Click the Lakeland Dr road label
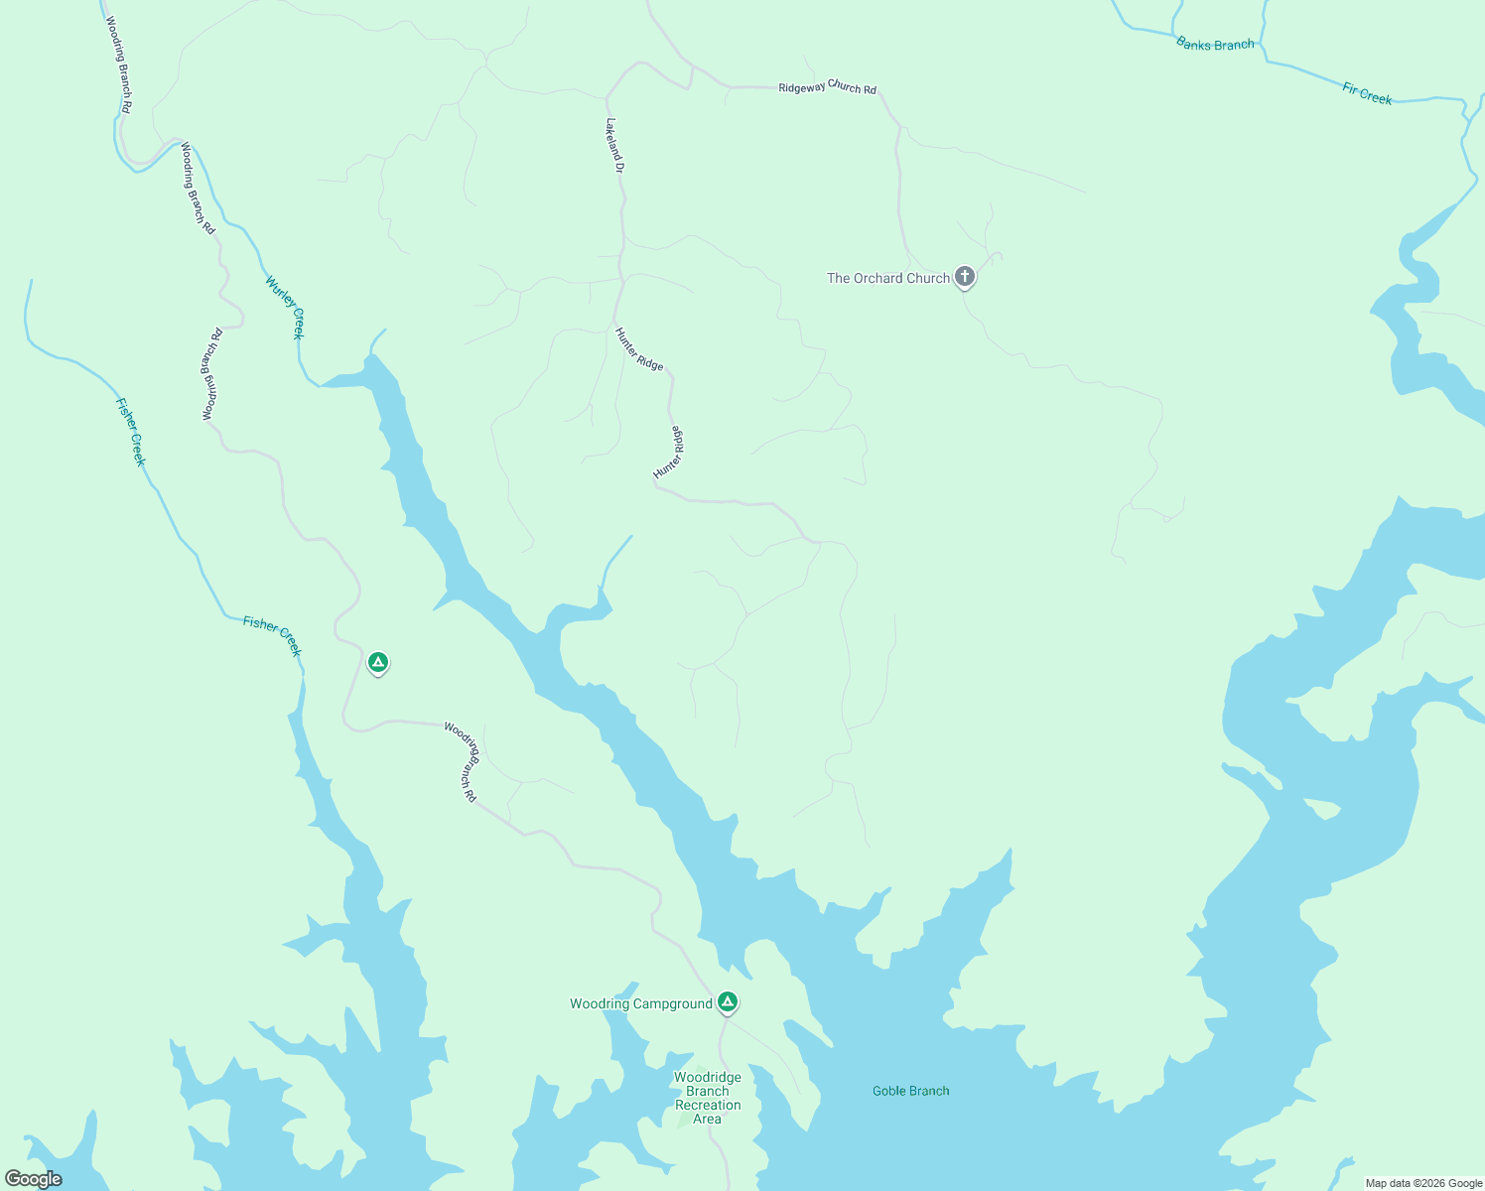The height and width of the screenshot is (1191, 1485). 614,147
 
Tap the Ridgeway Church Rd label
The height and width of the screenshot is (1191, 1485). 827,88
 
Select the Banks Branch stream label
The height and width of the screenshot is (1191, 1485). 1215,44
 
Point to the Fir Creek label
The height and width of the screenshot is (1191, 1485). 1367,94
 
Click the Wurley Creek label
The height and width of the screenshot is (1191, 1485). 285,307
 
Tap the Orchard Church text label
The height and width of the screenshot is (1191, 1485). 888,279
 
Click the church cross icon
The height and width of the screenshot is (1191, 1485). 964,277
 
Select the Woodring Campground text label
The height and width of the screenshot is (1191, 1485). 641,1004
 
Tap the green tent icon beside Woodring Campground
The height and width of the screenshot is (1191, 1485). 728,1002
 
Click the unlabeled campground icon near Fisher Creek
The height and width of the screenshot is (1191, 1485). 377,662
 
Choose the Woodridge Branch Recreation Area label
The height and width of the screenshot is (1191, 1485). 708,1098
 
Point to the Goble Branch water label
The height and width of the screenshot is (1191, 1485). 910,1091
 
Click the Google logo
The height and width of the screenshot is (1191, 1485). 34,1179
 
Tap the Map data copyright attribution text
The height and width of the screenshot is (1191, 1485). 1423,1183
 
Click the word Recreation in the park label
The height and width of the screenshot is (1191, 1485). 708,1105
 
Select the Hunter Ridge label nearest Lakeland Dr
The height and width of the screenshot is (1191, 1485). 638,349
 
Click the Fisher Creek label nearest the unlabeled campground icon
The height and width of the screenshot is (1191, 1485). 272,636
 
